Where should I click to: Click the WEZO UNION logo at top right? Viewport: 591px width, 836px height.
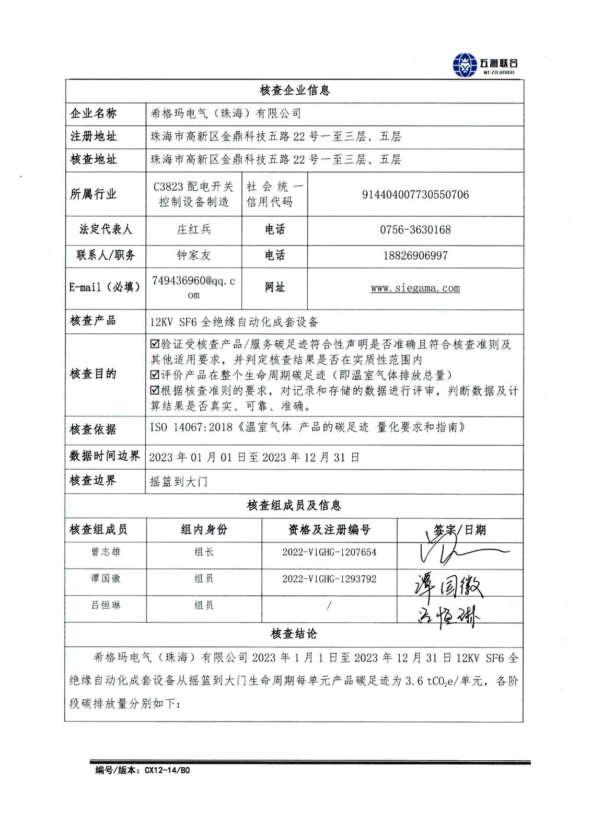click(485, 65)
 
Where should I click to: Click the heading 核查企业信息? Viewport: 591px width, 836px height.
click(295, 90)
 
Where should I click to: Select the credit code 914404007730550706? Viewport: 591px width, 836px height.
click(415, 195)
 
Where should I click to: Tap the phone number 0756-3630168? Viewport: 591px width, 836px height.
click(415, 230)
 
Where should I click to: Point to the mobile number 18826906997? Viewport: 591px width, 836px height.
click(415, 256)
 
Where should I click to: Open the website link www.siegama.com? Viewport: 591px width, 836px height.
click(415, 288)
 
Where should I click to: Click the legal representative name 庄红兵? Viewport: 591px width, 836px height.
click(194, 229)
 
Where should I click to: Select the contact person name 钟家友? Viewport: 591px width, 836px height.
click(194, 256)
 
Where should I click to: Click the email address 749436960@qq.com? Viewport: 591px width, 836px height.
click(194, 287)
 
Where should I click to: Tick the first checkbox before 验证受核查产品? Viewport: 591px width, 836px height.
click(155, 344)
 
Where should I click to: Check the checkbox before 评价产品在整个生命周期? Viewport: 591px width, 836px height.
click(155, 375)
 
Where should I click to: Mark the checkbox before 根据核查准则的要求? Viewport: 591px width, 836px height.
click(155, 390)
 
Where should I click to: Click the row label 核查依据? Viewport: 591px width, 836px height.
click(93, 429)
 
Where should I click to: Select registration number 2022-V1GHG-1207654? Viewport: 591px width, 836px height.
click(329, 552)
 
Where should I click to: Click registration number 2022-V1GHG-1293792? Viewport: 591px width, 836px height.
click(329, 579)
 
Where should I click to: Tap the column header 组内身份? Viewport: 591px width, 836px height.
click(204, 530)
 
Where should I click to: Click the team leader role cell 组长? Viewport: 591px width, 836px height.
click(204, 552)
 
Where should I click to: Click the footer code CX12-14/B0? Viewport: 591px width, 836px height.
click(167, 770)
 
